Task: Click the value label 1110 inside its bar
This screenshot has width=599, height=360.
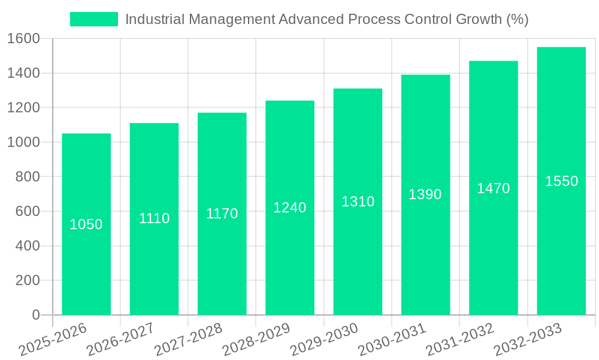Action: [155, 218]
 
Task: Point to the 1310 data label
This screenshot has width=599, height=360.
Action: [358, 202]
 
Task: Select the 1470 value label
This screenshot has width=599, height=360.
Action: [494, 188]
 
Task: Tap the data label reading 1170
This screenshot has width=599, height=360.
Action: [222, 214]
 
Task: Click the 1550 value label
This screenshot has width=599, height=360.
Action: [561, 181]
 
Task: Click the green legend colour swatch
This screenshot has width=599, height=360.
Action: [94, 19]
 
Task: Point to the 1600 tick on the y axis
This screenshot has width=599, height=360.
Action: [23, 39]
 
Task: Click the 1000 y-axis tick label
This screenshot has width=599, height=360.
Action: [23, 143]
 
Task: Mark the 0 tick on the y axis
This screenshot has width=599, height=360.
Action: [35, 315]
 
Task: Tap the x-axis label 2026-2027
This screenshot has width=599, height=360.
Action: [120, 340]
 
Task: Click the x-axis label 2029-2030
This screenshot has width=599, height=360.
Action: [324, 340]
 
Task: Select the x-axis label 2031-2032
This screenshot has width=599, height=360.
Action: [460, 340]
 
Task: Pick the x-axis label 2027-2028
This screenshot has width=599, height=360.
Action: [188, 340]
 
